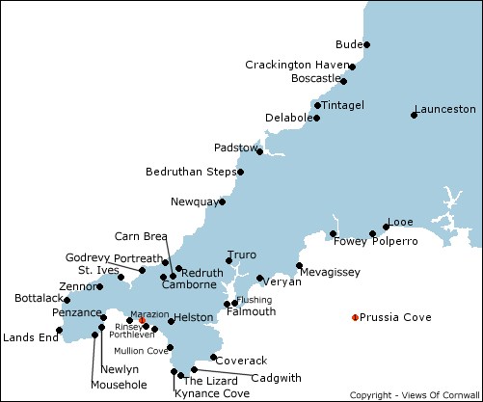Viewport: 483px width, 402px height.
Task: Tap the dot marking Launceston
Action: pyautogui.click(x=414, y=116)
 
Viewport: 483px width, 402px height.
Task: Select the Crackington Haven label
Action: pyautogui.click(x=295, y=65)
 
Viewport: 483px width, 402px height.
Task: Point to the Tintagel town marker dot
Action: pyautogui.click(x=317, y=105)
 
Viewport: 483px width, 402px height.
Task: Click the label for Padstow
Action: pyautogui.click(x=235, y=148)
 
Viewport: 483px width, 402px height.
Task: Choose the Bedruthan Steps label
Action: pyautogui.click(x=189, y=172)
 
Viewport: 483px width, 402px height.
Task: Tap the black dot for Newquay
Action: pyautogui.click(x=223, y=201)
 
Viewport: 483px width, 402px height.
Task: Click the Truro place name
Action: pyautogui.click(x=242, y=255)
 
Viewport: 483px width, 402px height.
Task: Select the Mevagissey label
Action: pyautogui.click(x=330, y=273)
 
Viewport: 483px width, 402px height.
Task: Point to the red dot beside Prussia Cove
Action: pyautogui.click(x=355, y=317)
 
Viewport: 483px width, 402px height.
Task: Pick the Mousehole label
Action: pyautogui.click(x=118, y=385)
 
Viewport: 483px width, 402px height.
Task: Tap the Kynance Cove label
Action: pyautogui.click(x=211, y=393)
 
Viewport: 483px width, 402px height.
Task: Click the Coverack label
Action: pyautogui.click(x=240, y=361)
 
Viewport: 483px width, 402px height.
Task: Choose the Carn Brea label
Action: pyautogui.click(x=141, y=236)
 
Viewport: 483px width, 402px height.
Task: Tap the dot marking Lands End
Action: pyautogui.click(x=60, y=331)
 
